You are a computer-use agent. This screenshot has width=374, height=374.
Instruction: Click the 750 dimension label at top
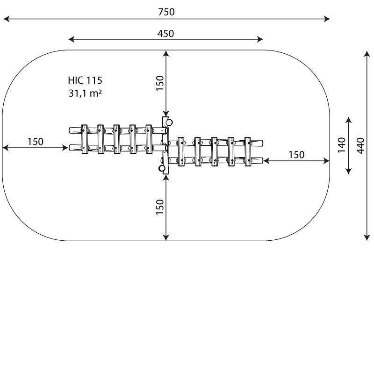166,12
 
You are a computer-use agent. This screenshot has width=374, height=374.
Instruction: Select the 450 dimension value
165,34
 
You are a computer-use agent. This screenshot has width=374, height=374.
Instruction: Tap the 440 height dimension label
360,145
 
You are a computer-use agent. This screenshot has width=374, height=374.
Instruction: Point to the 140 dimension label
342,145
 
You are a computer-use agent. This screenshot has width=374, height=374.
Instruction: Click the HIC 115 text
85,80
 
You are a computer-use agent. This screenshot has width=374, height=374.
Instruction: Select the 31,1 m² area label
85,93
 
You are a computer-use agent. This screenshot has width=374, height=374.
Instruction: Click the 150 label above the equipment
160,83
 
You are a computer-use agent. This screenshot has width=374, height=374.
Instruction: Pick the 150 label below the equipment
160,207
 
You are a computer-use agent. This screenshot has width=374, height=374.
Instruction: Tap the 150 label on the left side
36,142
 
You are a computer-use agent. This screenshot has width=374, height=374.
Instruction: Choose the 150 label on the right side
296,155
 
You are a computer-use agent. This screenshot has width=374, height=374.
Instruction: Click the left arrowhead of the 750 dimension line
6,19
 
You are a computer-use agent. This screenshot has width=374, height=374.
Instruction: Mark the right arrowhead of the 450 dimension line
260,39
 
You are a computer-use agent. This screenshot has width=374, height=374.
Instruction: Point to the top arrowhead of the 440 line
367,54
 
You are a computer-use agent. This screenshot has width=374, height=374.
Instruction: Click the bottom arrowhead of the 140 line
349,171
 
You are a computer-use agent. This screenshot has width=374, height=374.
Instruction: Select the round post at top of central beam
169,122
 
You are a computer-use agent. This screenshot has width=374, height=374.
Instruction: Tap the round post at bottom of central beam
162,168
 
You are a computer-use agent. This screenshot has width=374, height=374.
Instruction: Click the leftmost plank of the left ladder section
85,139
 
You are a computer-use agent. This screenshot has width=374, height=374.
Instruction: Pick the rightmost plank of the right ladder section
248,151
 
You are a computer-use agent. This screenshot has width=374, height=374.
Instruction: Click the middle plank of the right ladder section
214,151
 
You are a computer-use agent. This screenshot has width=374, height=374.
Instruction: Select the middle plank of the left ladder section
116,139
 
